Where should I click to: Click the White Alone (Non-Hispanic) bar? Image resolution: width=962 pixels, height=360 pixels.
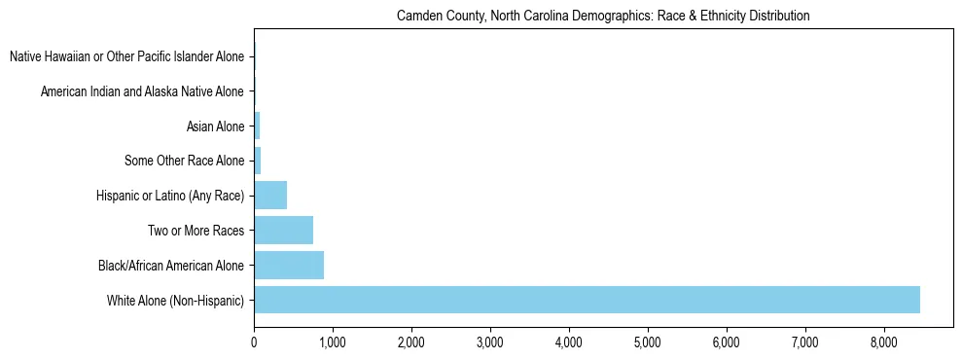point(587,300)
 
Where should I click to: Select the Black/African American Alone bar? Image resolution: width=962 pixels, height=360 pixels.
point(289,265)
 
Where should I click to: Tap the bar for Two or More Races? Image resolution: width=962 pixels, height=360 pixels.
point(283,231)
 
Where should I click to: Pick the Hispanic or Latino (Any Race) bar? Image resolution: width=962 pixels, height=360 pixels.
point(270,196)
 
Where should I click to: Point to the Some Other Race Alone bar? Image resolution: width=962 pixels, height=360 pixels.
point(258,161)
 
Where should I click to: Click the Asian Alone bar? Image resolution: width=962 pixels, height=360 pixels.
point(257,126)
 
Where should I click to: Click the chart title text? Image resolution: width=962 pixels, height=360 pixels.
point(603,17)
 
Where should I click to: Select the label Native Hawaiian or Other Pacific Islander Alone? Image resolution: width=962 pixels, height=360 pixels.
point(126,57)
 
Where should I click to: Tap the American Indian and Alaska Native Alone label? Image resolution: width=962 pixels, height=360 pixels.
point(142,91)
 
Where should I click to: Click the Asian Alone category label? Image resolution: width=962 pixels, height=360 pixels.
point(215,126)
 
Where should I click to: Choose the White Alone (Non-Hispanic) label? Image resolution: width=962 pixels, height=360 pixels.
point(175,300)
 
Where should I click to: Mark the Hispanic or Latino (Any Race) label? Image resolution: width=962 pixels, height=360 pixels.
point(170,196)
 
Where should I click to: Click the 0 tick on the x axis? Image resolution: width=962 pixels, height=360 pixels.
point(254,342)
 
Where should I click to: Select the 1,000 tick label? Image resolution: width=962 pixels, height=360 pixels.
point(333,342)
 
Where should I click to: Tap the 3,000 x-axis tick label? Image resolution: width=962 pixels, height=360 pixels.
point(490,342)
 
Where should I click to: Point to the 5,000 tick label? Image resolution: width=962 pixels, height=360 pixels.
point(648,342)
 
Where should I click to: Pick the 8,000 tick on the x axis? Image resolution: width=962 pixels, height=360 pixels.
point(883,342)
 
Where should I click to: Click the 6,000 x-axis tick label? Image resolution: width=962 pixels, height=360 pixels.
point(727,342)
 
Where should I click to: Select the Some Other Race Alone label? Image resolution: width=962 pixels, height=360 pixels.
point(185,161)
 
